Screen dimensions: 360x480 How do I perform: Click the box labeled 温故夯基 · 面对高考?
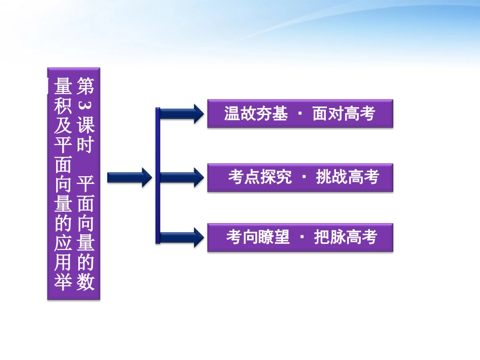pos(300,114)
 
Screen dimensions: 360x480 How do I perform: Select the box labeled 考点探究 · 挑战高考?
pos(300,177)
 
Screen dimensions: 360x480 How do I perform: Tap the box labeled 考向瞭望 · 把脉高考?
pos(300,237)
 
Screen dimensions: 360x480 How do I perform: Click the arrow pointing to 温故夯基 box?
pos(182,113)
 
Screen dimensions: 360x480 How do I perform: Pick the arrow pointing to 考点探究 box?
pos(182,177)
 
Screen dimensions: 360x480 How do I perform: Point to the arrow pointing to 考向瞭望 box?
pos(182,237)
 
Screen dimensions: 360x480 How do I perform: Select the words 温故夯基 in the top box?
pos(256,114)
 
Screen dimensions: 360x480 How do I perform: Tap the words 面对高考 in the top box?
pos(344,114)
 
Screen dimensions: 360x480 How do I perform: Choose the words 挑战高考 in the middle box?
pos(347,177)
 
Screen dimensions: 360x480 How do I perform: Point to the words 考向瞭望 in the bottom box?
pos(258,237)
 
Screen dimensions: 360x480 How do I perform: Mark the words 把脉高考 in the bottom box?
pos(346,237)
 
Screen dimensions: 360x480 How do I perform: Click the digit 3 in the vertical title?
pos(85,107)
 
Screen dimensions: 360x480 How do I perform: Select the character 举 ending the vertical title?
pos(63,282)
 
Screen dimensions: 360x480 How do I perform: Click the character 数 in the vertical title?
pos(85,282)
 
